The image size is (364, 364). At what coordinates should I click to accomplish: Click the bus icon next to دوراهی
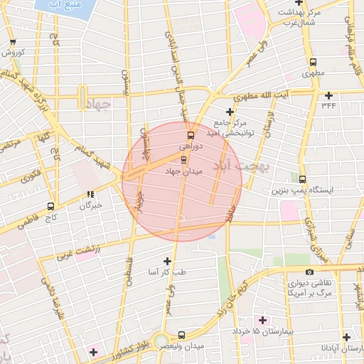[191, 134]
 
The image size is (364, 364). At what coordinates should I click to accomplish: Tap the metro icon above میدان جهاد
[184, 159]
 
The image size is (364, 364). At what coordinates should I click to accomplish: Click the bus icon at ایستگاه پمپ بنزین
[303, 179]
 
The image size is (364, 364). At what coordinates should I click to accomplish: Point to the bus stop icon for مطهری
[314, 62]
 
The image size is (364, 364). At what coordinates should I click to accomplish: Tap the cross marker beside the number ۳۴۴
[328, 95]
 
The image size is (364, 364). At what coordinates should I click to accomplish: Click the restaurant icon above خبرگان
[90, 194]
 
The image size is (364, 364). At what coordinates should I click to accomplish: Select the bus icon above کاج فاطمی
[50, 205]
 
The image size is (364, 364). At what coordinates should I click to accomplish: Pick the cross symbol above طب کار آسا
[167, 262]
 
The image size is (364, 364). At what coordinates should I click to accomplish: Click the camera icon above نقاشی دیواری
[309, 272]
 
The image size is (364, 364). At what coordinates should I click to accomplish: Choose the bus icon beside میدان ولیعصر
[181, 334]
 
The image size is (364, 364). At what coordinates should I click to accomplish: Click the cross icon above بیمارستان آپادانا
[346, 338]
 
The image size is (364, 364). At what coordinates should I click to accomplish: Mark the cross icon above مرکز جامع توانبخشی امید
[229, 112]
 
